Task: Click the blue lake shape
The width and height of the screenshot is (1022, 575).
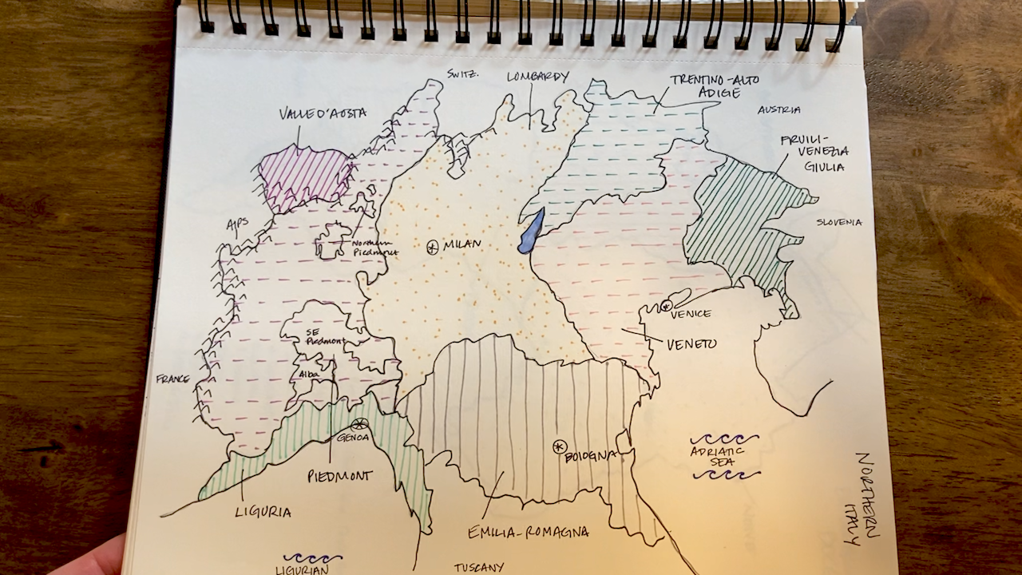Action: (531, 232)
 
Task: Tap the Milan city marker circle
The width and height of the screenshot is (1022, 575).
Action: (433, 248)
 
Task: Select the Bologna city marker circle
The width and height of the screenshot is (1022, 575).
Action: (559, 446)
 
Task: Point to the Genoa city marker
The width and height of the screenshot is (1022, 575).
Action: (360, 424)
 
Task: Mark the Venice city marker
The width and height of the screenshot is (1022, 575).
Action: (666, 305)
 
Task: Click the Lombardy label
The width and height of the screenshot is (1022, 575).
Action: (538, 77)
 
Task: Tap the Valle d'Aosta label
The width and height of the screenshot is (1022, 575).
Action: (323, 113)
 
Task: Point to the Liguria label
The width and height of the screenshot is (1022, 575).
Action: (263, 511)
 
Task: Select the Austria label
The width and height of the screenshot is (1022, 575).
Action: (778, 109)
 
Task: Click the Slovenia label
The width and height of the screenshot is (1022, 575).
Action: (838, 222)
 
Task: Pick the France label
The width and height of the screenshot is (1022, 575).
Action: (172, 379)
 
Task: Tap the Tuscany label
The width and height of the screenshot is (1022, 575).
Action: (479, 568)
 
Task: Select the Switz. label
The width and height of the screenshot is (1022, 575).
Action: (462, 73)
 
